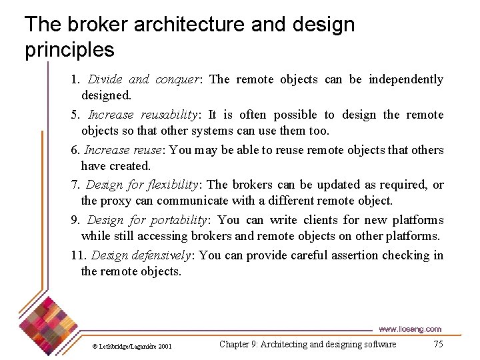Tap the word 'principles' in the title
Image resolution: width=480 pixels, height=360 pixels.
click(69, 50)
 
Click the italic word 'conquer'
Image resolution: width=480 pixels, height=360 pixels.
click(177, 79)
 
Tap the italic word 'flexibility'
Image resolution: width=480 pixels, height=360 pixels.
click(169, 185)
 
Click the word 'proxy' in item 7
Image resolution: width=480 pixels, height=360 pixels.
click(116, 201)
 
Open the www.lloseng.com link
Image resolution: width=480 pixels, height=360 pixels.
click(409, 329)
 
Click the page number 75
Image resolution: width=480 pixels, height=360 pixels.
click(438, 344)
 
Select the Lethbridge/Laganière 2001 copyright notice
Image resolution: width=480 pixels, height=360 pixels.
click(131, 346)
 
